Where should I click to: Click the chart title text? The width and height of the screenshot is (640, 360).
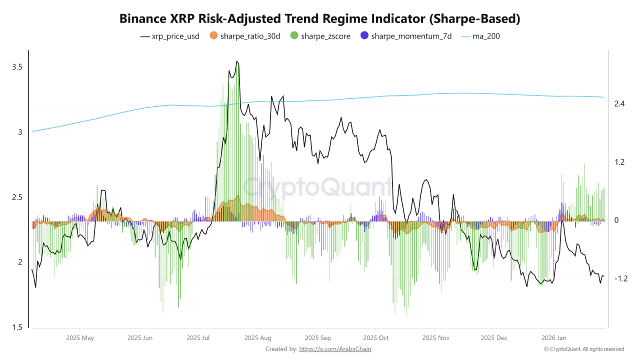point(320,19)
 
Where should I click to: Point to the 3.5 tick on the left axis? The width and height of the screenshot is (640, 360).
point(17,67)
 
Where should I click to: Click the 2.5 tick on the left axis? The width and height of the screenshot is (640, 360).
point(17,197)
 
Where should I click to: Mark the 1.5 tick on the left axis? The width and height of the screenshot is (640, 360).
point(17,327)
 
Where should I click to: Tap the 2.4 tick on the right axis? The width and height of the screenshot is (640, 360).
point(619,104)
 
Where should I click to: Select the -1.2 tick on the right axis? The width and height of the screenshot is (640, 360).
point(620,278)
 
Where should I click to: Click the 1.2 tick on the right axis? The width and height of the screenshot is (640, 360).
point(619,162)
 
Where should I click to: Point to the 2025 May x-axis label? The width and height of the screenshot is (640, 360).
point(80,338)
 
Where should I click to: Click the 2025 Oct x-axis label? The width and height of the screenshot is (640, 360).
point(376,338)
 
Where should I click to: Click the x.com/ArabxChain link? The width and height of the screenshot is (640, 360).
point(335,349)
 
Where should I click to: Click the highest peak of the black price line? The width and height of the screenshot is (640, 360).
point(237,61)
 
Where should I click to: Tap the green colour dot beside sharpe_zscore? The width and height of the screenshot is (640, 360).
point(294,36)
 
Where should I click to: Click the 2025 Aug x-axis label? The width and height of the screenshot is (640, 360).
point(258,338)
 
